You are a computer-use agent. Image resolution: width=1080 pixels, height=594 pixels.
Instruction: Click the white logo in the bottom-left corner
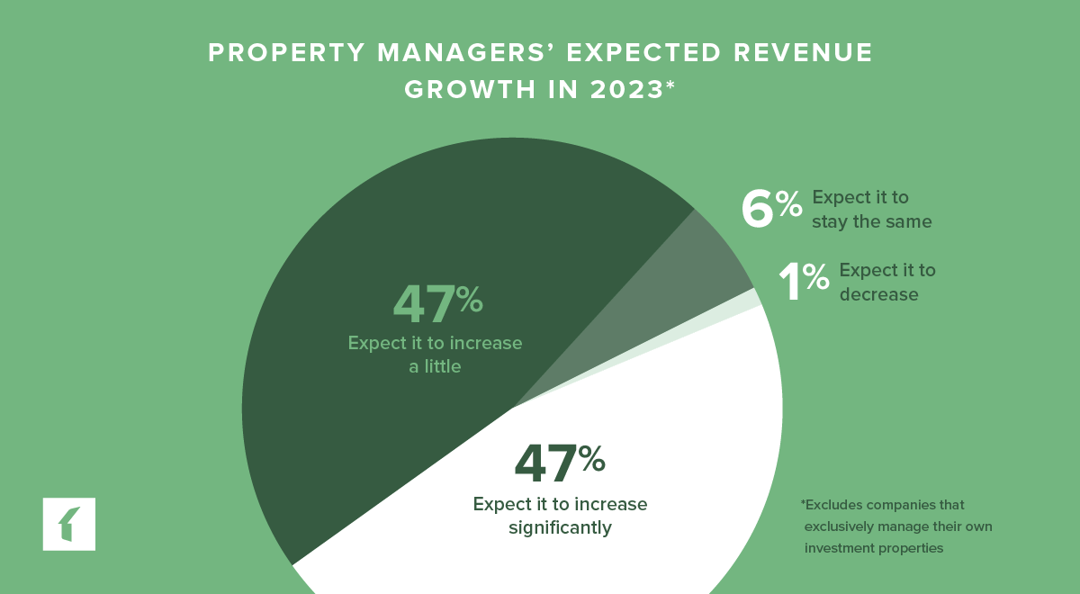68,523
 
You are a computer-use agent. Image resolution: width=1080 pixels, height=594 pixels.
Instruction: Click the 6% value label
770,209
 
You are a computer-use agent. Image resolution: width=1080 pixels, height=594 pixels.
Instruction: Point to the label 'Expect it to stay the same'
871,209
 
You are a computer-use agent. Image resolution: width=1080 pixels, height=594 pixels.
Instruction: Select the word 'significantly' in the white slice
560,527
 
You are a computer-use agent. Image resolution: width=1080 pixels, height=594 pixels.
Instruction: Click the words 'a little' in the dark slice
435,367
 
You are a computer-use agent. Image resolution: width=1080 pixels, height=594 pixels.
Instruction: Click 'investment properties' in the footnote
873,548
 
